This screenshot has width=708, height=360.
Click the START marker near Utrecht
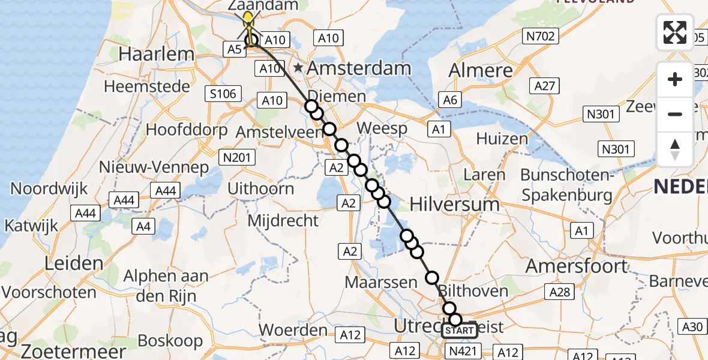(460, 331)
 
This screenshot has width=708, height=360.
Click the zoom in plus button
(675, 80)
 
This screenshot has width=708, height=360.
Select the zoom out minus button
(675, 114)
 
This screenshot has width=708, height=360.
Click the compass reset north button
(675, 149)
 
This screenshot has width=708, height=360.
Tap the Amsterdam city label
(359, 68)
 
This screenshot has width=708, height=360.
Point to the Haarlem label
(157, 54)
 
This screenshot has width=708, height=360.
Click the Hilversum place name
(454, 204)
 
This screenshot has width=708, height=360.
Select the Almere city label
(481, 70)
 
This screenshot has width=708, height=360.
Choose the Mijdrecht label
(283, 220)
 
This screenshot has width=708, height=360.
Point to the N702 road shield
(539, 37)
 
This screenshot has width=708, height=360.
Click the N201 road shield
(237, 157)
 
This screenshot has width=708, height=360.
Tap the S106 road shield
(223, 93)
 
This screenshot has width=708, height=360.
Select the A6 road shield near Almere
(449, 99)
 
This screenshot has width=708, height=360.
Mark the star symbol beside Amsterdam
(298, 67)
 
